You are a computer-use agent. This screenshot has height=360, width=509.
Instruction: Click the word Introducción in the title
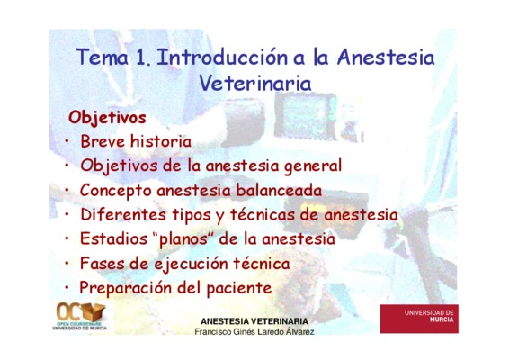pos(222,58)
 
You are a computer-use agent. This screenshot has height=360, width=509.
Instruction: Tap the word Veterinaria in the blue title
pos(255,83)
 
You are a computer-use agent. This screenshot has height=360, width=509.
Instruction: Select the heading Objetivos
pos(107,118)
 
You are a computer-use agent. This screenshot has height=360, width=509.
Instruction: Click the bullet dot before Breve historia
pos(67,141)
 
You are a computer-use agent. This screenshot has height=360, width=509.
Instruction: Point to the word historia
pos(161,141)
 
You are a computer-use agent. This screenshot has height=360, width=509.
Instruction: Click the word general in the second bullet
pos(313,166)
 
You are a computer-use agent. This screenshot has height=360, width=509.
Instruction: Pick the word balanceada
pos(279,190)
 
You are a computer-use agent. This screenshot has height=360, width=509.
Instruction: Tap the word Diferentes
pos(123,214)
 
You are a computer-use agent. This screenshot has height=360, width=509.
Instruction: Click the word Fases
pos(103,263)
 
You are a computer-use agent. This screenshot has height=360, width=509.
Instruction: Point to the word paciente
pos(239,288)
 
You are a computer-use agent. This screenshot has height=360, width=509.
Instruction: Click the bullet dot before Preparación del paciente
pos(67,287)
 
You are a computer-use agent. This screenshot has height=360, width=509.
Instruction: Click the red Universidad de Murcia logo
pos(419,319)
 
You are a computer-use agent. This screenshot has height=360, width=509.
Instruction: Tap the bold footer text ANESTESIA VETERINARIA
pos(254,321)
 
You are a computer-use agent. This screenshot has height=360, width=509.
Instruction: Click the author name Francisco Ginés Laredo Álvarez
pos(254,332)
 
